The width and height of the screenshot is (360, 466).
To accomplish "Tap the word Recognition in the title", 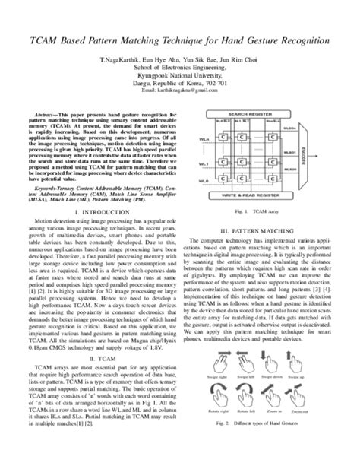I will pyautogui.click(x=298, y=37).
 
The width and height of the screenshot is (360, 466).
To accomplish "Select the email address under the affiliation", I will pyautogui.click(x=179, y=89).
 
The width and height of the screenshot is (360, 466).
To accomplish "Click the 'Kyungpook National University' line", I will pyautogui.click(x=180, y=74).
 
